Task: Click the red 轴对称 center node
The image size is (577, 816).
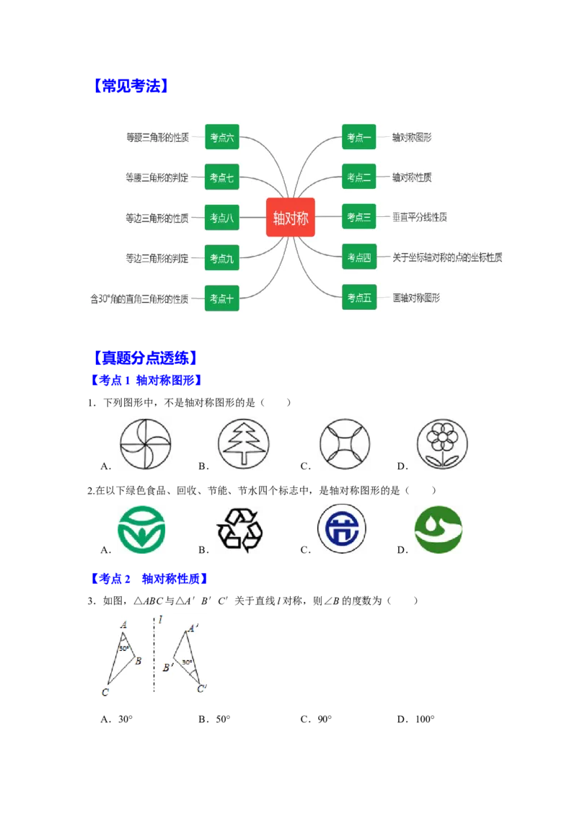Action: (291, 217)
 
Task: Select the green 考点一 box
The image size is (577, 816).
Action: (358, 137)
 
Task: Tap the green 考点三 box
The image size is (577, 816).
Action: (358, 217)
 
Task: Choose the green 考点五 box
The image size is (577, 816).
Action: (358, 297)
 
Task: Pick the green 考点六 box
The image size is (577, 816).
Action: (221, 137)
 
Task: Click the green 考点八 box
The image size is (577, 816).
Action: (221, 218)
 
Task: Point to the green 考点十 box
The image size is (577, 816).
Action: (221, 298)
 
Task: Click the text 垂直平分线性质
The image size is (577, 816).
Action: (420, 217)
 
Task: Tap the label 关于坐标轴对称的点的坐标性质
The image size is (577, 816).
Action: (447, 257)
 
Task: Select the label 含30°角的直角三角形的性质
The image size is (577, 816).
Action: (139, 298)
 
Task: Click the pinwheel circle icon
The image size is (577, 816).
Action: (144, 443)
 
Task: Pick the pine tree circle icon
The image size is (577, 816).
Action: (242, 443)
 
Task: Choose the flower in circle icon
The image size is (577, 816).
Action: (441, 443)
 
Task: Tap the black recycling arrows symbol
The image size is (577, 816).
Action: (239, 531)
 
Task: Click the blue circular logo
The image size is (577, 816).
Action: (340, 531)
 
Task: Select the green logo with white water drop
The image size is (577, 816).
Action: (438, 531)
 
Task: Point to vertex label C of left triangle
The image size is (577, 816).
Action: (105, 693)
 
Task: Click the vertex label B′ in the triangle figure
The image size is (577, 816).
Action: (167, 668)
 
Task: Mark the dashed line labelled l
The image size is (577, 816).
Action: (154, 656)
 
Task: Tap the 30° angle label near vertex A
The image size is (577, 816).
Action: (124, 648)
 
